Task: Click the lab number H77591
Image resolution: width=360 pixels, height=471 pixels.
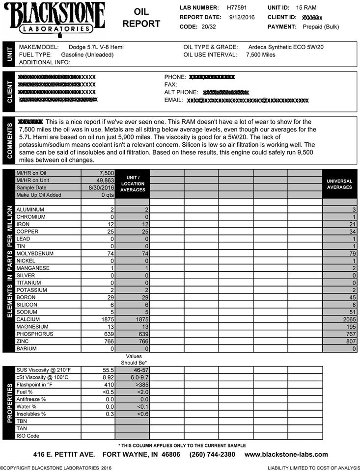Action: point(238,8)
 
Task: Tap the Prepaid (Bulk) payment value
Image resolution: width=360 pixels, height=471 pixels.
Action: point(321,26)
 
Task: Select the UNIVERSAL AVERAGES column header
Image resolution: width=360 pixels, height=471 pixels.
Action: point(339,184)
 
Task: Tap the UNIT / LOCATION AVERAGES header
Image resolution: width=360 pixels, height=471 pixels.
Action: point(132,184)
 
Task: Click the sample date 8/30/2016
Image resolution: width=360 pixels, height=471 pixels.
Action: point(102,188)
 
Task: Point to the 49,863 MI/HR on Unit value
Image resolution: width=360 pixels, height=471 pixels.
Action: point(104,181)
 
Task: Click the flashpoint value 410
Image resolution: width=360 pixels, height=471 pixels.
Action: point(108,384)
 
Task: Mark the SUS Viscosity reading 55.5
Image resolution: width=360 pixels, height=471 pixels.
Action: point(108,369)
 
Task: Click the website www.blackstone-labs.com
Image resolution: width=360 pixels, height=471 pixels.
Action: point(286,455)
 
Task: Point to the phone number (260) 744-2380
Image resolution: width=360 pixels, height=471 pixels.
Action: point(212,455)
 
